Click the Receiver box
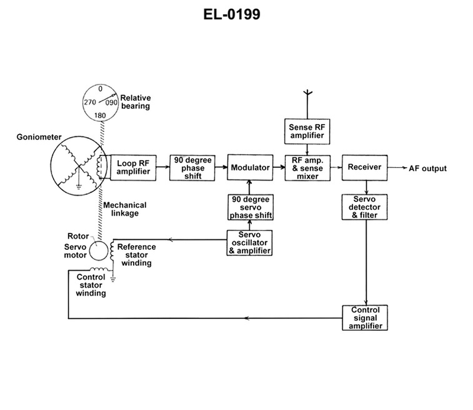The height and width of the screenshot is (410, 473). coord(364,168)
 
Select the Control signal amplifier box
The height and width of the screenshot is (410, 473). coord(365,318)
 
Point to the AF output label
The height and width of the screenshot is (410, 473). coord(427,168)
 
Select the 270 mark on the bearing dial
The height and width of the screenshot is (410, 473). coord(89,102)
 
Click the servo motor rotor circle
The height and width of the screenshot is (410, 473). coord(100,251)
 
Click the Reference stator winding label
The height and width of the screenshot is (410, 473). coord(137,255)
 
